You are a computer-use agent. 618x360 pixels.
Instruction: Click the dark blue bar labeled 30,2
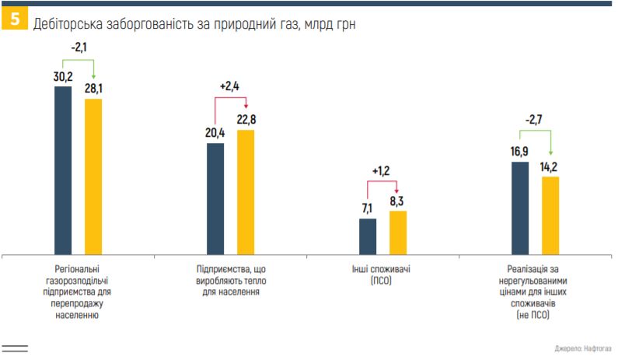tap(63, 170)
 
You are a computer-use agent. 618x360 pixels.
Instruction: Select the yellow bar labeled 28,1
tap(93, 176)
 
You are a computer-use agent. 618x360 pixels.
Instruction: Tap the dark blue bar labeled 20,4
tap(215, 198)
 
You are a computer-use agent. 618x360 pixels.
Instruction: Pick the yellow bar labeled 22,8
tap(246, 191)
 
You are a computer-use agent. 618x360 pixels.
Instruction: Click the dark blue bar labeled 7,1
tap(368, 236)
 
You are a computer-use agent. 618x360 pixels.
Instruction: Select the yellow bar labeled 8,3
tap(398, 232)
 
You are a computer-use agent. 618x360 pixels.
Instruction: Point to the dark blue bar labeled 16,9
tap(520, 208)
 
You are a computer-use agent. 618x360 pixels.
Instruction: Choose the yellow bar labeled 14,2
tap(550, 215)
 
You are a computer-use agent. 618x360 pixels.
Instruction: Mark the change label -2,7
tap(535, 121)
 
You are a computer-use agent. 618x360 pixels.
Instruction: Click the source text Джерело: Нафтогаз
tap(584, 349)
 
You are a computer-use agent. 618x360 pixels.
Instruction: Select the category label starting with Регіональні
tap(78, 287)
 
